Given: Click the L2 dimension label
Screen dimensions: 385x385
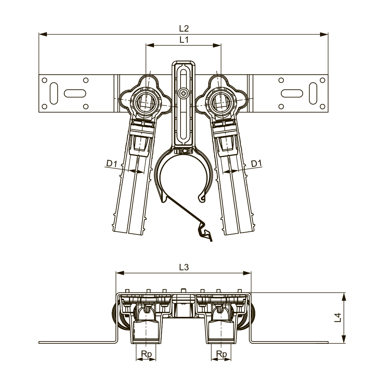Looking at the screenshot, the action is [x=184, y=28].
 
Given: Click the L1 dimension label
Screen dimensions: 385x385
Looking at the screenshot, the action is [x=184, y=40].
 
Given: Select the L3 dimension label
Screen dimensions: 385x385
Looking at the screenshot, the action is [x=184, y=267].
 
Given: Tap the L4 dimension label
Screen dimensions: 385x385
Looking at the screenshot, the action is [x=338, y=318].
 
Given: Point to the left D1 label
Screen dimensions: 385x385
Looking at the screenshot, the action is [x=112, y=163].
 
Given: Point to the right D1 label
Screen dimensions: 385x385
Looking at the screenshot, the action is [x=256, y=163].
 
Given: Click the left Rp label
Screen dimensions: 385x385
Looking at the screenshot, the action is [x=146, y=354].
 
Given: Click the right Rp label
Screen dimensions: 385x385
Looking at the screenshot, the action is [x=221, y=354].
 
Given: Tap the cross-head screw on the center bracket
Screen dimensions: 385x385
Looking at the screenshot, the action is [x=183, y=93].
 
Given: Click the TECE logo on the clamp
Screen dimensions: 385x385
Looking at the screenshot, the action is [x=183, y=151].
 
